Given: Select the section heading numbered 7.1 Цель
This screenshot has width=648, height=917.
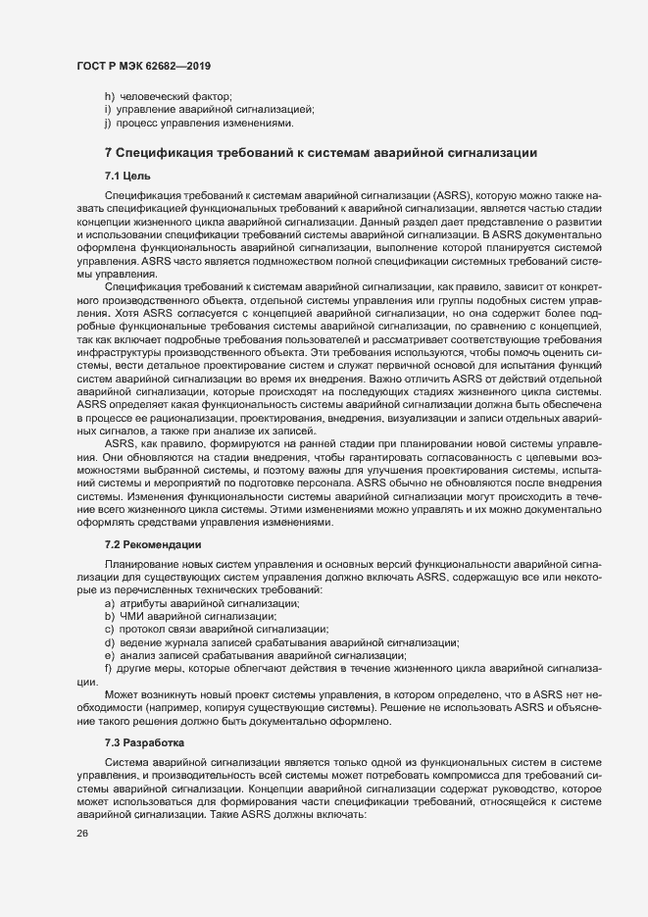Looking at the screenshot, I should pos(127,176).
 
